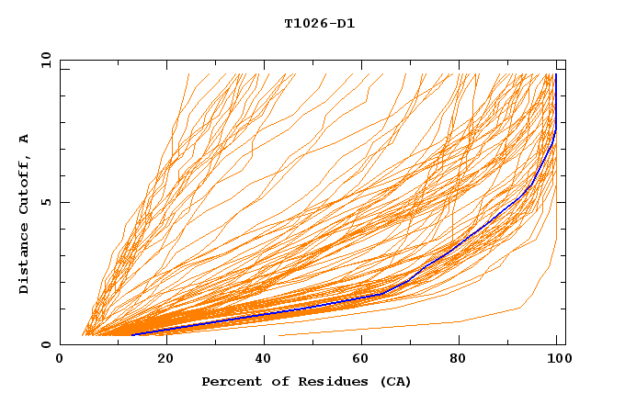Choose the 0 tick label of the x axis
pos(61,359)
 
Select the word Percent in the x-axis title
pos(229,381)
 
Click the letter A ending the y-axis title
pos(25,138)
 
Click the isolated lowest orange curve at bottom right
pos(414,326)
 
